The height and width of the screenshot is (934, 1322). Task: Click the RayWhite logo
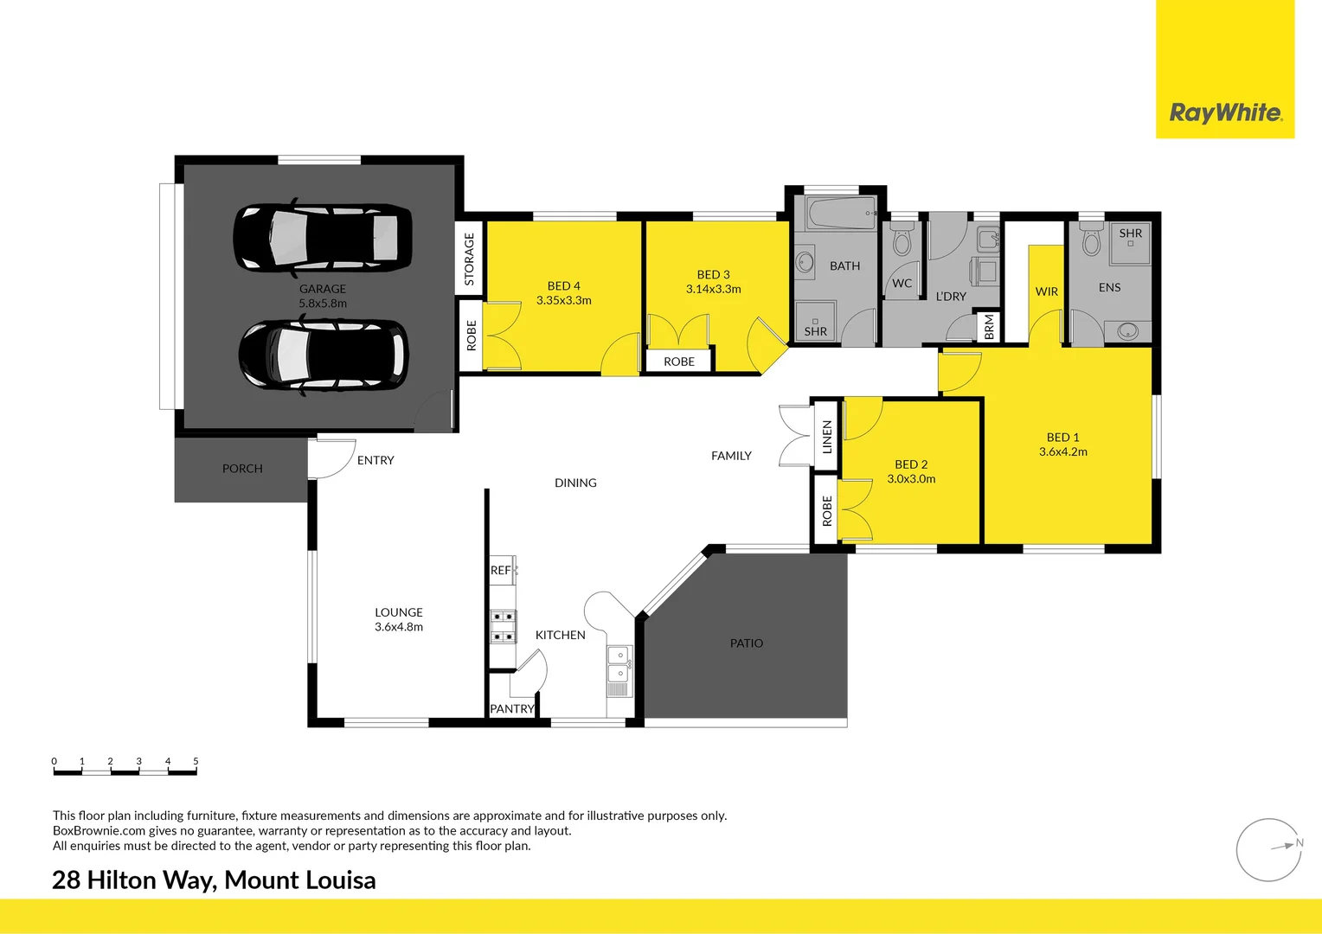coord(1225,112)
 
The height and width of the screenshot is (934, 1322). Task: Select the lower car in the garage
coord(323,355)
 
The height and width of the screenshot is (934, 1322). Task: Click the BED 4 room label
coord(563,285)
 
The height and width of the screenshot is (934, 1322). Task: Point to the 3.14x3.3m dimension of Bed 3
coord(713,289)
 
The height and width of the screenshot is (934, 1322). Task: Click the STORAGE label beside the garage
coord(469,259)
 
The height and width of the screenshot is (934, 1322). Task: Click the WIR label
coord(1046,291)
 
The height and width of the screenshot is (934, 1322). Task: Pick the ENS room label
coord(1109,287)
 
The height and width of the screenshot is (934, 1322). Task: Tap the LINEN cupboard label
coord(826,437)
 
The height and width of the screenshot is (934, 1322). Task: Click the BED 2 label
coord(911,464)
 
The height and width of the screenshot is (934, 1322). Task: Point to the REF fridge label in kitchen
coord(500,570)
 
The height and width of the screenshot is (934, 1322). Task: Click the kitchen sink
coord(619,664)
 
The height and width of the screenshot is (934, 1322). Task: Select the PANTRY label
coord(512,708)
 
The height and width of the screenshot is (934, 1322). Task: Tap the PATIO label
coord(746,643)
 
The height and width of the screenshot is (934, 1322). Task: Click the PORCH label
coord(242,468)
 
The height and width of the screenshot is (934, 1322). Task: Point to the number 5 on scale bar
coord(196,761)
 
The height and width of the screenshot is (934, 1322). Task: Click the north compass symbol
coord(1269,849)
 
